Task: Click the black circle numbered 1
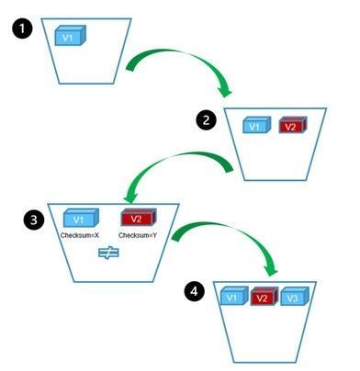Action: coord(22,28)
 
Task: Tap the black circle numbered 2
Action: coord(206,119)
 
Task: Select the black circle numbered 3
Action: coord(34,219)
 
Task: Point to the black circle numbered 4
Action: coord(195,291)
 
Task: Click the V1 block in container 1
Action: coord(70,36)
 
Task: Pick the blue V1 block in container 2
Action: coord(257,125)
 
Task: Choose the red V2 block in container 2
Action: coord(293,125)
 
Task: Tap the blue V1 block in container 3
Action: coord(81,218)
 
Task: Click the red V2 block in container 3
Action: coord(139,218)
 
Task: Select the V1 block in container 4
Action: coord(234,296)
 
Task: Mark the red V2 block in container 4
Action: coord(264,296)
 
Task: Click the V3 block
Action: coord(295,296)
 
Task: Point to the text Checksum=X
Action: coord(80,235)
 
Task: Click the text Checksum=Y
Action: coord(138,235)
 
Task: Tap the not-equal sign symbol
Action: coord(108,253)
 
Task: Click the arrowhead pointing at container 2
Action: coord(225,90)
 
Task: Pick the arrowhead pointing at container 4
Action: coord(271,269)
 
